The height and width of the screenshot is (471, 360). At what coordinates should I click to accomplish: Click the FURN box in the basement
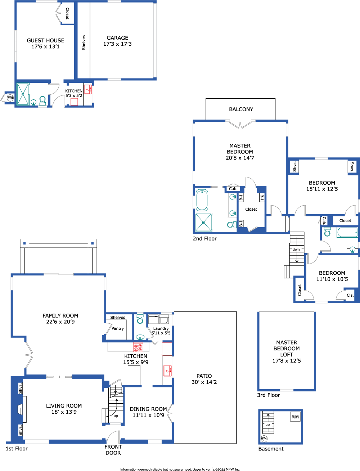click(x=295, y=417)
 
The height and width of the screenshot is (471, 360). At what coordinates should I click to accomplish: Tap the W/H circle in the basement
click(x=264, y=439)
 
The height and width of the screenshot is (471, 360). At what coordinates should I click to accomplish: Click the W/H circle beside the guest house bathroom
click(x=10, y=98)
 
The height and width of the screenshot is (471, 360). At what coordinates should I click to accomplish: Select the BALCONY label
click(x=241, y=109)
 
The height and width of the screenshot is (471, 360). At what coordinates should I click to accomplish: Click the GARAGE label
click(x=117, y=38)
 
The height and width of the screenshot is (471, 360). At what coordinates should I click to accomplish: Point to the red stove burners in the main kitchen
click(x=138, y=347)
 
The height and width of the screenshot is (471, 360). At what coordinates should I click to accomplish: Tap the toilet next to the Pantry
click(x=140, y=319)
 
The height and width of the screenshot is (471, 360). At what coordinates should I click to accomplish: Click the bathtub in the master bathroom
click(x=202, y=200)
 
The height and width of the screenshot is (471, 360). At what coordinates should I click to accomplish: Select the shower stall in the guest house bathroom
click(x=23, y=94)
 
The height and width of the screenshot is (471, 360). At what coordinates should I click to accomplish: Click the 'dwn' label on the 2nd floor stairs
click(x=296, y=249)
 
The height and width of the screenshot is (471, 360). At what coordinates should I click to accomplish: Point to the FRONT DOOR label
click(x=113, y=450)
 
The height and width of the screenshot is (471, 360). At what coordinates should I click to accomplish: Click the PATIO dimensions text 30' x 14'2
click(x=204, y=382)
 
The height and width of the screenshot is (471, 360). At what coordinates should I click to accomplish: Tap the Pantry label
click(x=118, y=328)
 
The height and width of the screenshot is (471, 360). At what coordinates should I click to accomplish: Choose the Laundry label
click(x=161, y=328)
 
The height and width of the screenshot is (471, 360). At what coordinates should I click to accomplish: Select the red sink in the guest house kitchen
click(x=88, y=89)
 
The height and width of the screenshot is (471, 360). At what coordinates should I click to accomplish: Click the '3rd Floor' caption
click(x=269, y=395)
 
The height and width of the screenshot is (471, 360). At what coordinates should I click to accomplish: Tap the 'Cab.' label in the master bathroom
click(x=233, y=189)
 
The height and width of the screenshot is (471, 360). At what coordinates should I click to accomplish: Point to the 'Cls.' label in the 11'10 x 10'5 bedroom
click(x=350, y=295)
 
